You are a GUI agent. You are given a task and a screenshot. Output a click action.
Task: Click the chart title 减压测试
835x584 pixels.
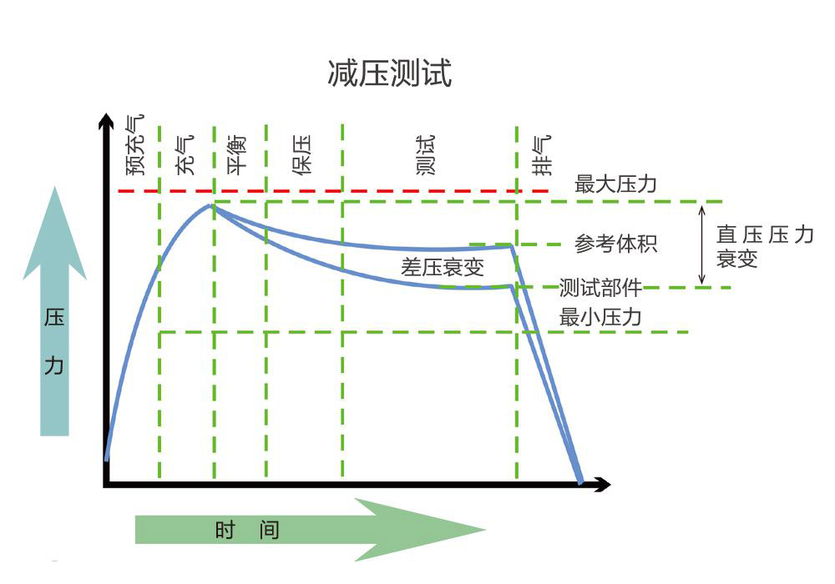click(x=390, y=73)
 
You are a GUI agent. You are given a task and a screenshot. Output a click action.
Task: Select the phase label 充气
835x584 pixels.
click(x=185, y=154)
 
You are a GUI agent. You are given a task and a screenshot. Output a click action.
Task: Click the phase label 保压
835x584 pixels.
click(x=302, y=154)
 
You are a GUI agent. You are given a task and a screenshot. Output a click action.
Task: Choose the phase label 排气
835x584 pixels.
click(x=543, y=154)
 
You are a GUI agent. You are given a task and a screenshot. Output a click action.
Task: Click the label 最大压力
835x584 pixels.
click(x=615, y=184)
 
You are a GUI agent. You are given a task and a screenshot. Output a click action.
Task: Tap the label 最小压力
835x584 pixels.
click(x=600, y=317)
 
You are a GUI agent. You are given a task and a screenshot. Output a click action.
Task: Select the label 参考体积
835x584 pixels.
click(x=616, y=244)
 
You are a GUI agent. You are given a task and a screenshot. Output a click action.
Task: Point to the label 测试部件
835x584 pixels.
click(x=600, y=289)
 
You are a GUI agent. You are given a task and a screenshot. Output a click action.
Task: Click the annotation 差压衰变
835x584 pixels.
click(x=443, y=268)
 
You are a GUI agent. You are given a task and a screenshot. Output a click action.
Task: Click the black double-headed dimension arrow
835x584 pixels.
click(x=702, y=244)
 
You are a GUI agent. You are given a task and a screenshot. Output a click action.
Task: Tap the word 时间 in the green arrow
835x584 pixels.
click(x=247, y=530)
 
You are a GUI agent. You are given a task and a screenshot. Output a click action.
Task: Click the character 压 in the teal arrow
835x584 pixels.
click(x=54, y=320)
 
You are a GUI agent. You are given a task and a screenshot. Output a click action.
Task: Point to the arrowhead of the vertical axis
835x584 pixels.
click(x=105, y=121)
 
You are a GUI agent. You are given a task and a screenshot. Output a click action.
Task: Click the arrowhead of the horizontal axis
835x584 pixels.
click(x=603, y=484)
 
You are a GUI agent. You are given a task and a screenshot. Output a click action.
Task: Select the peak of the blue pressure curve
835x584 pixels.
click(x=212, y=205)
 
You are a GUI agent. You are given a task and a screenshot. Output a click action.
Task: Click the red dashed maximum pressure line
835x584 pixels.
click(x=334, y=191)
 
